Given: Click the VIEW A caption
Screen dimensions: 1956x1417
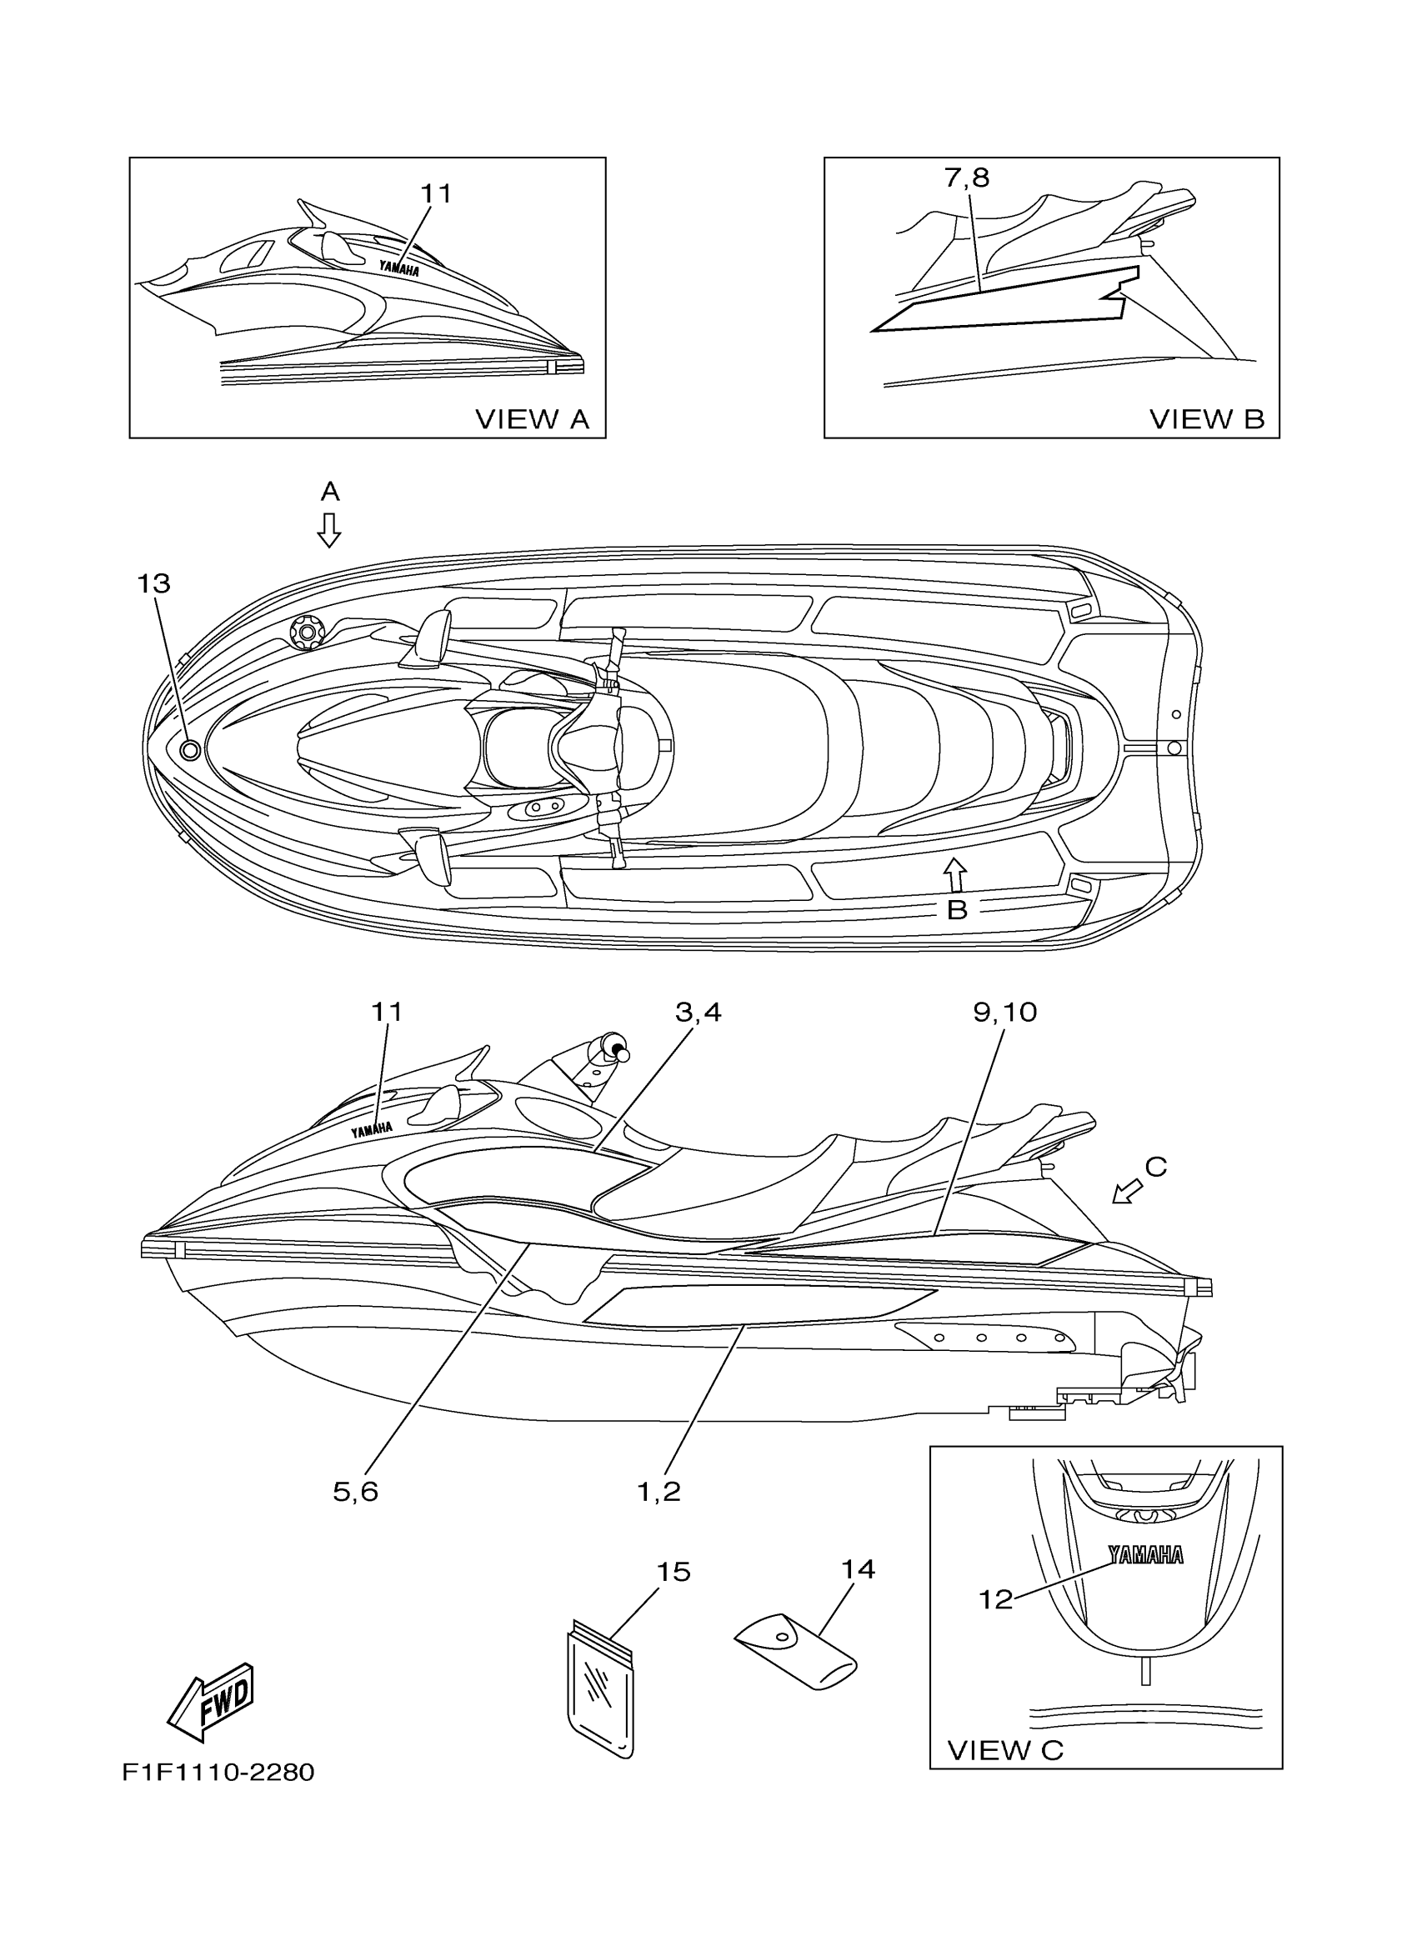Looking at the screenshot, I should [x=532, y=419].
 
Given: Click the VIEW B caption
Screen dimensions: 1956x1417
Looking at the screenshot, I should [x=1207, y=419].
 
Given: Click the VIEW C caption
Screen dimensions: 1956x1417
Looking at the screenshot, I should [x=1004, y=1750].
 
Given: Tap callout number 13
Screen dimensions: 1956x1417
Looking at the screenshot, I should [x=153, y=584].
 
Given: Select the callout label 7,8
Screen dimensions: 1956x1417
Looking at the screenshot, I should [x=967, y=178].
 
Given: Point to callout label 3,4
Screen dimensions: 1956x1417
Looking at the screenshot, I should [x=698, y=1012].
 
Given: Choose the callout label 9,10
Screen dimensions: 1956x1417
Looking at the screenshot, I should [x=1004, y=1012].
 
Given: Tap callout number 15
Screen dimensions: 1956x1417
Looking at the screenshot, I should [x=673, y=1572].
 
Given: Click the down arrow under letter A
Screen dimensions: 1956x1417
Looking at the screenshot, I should [x=328, y=529].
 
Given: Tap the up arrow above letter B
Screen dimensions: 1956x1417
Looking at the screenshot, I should [x=954, y=873].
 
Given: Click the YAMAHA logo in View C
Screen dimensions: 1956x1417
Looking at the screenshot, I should [x=1145, y=1554].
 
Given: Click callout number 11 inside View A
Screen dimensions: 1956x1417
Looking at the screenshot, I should [x=436, y=194].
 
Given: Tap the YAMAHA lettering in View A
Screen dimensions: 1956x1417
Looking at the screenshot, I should [x=398, y=269].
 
